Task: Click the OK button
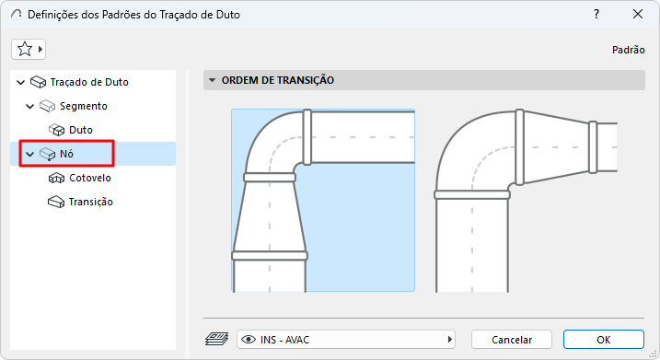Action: (604, 340)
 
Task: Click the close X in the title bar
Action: (638, 15)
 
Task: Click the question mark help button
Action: (596, 15)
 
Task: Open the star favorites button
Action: (29, 50)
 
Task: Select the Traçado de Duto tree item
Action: (88, 82)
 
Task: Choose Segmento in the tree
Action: (84, 106)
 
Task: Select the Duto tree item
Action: (80, 130)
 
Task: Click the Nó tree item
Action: (66, 154)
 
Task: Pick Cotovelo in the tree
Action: (90, 178)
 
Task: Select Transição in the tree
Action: (90, 203)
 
